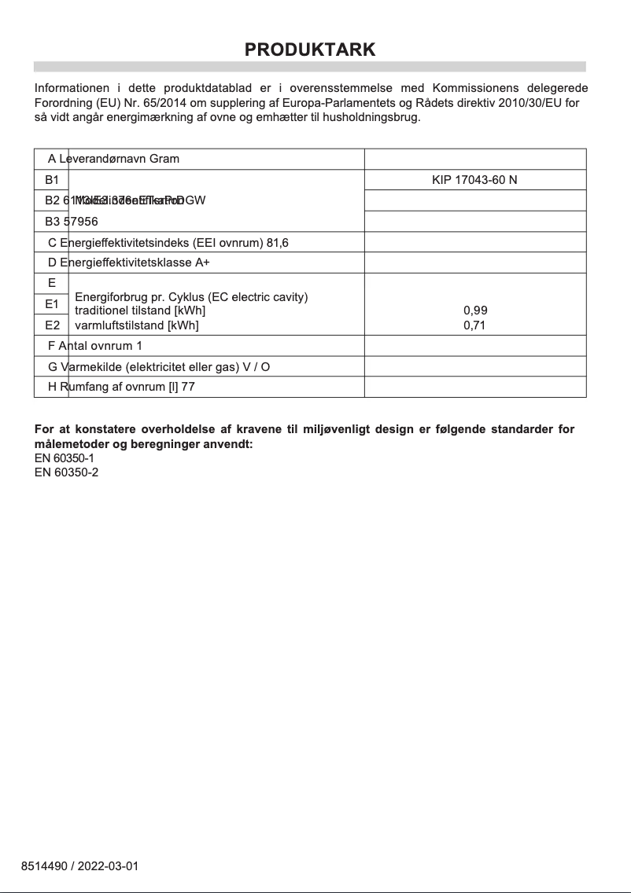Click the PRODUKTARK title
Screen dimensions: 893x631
[310, 50]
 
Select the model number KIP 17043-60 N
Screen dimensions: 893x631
[474, 180]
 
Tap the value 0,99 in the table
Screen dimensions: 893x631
[475, 311]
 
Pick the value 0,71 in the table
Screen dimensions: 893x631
[475, 325]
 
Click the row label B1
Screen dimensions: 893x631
[52, 180]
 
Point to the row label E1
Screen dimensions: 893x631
[52, 303]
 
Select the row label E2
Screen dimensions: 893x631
[52, 325]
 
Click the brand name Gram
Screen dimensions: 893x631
[164, 159]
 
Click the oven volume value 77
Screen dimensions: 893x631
[188, 387]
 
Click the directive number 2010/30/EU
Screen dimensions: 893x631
[534, 103]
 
